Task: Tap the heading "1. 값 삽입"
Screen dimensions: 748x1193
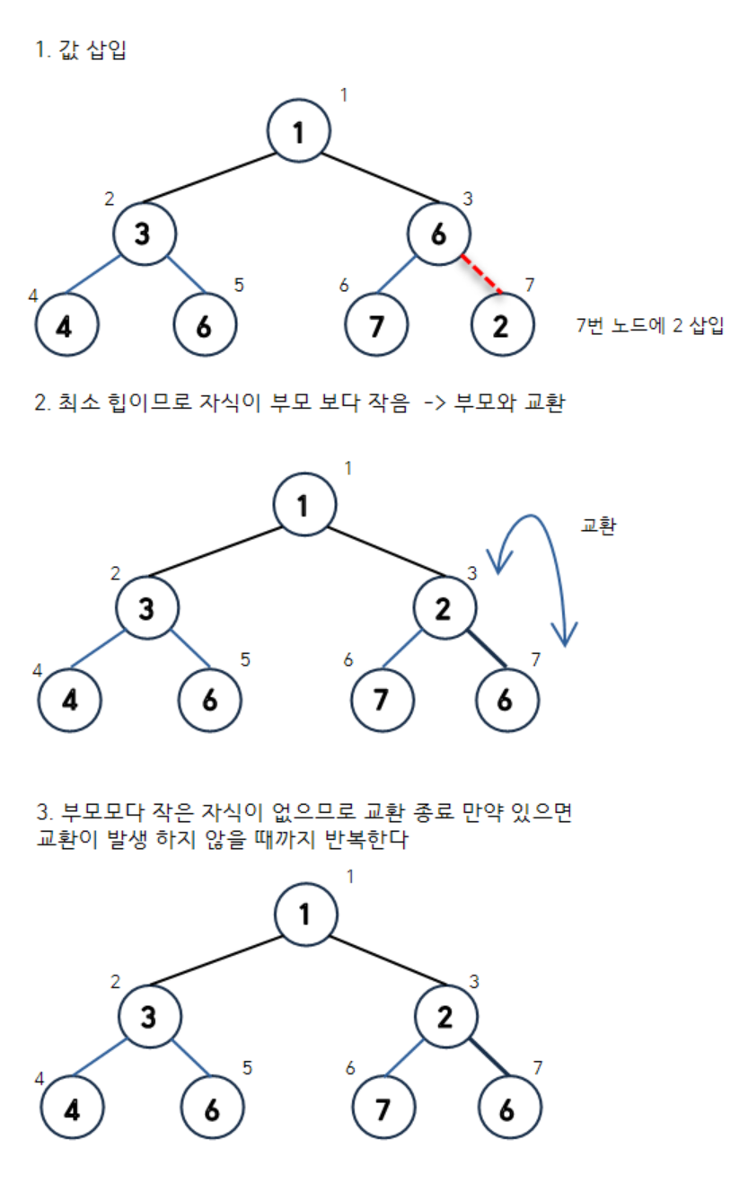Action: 81,51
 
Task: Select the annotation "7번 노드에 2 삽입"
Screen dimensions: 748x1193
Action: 649,326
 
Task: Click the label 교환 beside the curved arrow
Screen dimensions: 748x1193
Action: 598,526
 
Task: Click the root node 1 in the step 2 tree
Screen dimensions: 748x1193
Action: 304,507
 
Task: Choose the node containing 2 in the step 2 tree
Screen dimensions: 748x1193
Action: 444,608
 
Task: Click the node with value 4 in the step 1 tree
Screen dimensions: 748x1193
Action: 66,324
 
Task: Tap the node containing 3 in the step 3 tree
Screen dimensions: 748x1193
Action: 150,1017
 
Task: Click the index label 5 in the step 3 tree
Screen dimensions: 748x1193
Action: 248,1068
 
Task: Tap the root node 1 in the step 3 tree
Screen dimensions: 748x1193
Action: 305,915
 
